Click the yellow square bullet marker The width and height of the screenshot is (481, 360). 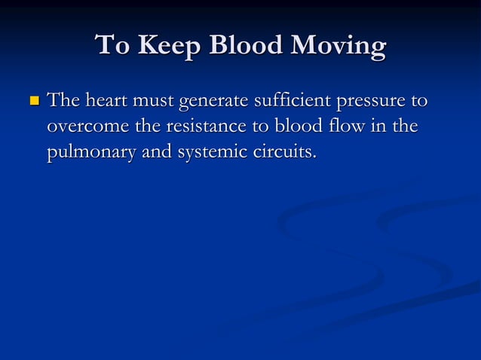point(32,100)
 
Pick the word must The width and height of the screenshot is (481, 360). point(149,100)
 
